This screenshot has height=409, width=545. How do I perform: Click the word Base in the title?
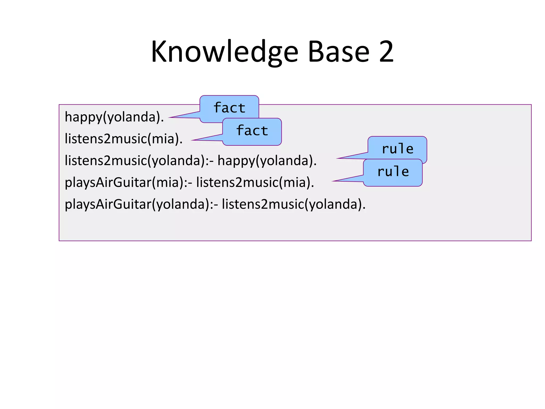338,52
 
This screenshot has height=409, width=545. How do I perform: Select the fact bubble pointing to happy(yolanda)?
229,108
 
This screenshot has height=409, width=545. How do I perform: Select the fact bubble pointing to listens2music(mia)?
252,131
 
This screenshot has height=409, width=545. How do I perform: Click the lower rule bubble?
393,172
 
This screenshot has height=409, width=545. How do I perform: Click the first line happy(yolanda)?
114,117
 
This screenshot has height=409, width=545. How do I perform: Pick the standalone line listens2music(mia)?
123,139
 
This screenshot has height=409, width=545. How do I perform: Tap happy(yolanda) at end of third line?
267,161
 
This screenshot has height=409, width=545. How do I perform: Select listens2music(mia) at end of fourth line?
255,183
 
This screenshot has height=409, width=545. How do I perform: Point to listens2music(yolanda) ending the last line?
294,204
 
